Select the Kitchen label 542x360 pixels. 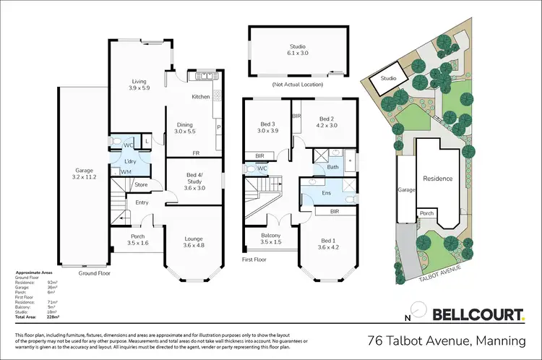[x=200, y=96]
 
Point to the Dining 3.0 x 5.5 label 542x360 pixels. [x=185, y=129]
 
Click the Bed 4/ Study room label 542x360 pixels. [x=193, y=184]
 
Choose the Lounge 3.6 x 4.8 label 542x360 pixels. [x=194, y=242]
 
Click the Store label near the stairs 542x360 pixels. [x=141, y=185]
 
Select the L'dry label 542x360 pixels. [x=131, y=160]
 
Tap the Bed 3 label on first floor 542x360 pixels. [x=267, y=128]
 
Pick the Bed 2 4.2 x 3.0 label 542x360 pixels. [x=327, y=122]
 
